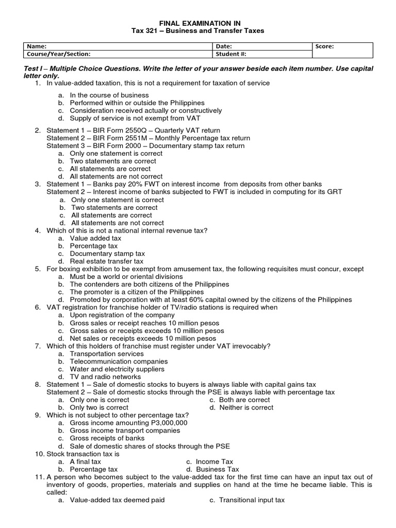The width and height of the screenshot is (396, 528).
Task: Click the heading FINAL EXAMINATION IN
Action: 197,23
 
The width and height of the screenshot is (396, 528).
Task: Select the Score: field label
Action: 324,46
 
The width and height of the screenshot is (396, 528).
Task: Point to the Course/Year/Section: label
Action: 56,53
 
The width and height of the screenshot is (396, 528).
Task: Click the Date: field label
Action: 224,46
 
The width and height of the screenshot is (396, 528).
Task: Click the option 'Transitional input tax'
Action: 251,500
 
